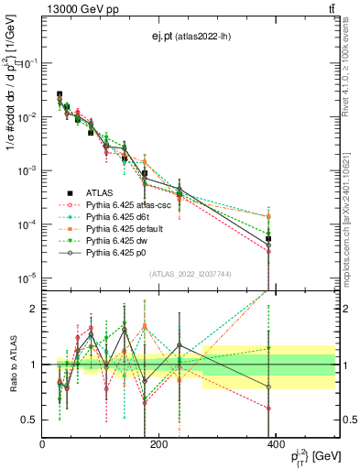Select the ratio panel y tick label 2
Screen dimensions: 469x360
tap(33, 309)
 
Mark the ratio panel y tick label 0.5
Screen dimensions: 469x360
tap(29, 420)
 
